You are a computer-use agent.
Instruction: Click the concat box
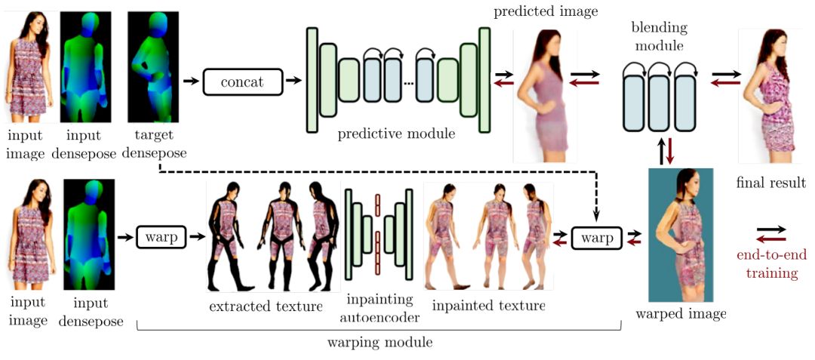coord(241,82)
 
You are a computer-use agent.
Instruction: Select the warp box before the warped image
coord(597,238)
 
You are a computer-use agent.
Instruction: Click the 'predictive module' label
coord(396,134)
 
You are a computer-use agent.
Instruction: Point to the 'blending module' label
coord(659,37)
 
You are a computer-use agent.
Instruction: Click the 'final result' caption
coord(770,183)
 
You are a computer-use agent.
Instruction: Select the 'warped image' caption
coord(681,313)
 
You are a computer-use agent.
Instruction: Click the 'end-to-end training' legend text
coord(771,263)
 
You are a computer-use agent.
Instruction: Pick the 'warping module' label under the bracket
coord(380,342)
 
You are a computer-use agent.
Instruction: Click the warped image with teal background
coord(680,235)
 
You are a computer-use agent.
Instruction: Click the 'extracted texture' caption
coord(266,306)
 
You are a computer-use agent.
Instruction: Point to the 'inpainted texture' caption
coord(489,306)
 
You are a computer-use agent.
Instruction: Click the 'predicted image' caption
coord(545,12)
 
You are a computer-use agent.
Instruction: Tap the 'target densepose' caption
coord(157,144)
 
